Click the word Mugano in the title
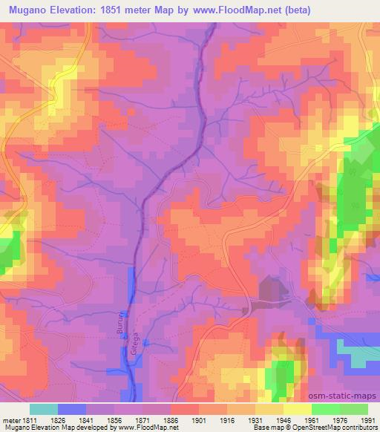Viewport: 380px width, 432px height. [31, 10]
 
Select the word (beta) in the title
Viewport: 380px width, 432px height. [294, 10]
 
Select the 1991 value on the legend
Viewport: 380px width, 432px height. [367, 421]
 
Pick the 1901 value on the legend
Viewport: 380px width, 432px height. [200, 421]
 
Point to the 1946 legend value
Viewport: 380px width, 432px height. [284, 421]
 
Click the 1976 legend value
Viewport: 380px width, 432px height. [339, 421]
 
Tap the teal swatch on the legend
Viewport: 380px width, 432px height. [44, 409]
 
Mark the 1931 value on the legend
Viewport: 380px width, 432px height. [255, 421]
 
